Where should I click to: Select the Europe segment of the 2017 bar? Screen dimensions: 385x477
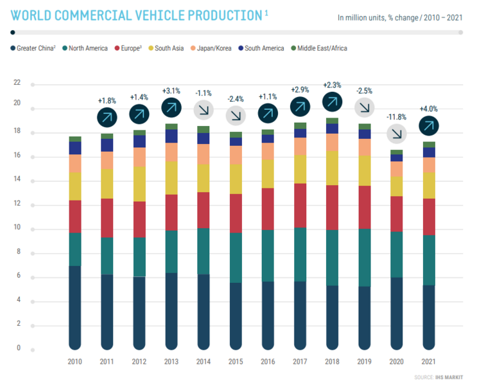(300, 206)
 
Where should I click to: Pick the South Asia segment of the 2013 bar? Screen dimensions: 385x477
(171, 177)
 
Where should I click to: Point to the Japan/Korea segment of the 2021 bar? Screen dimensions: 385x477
(429, 165)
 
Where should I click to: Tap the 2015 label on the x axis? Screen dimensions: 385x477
(236, 361)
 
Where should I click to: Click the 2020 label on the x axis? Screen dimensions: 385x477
(397, 361)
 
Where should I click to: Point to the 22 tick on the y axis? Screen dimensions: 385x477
(17, 83)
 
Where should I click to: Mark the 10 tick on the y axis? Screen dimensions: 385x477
(17, 228)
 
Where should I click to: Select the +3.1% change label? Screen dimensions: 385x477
(171, 91)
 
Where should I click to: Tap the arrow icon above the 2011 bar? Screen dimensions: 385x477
(107, 117)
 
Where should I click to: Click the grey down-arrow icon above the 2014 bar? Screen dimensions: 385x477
(204, 110)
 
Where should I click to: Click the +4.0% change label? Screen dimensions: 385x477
(429, 109)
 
